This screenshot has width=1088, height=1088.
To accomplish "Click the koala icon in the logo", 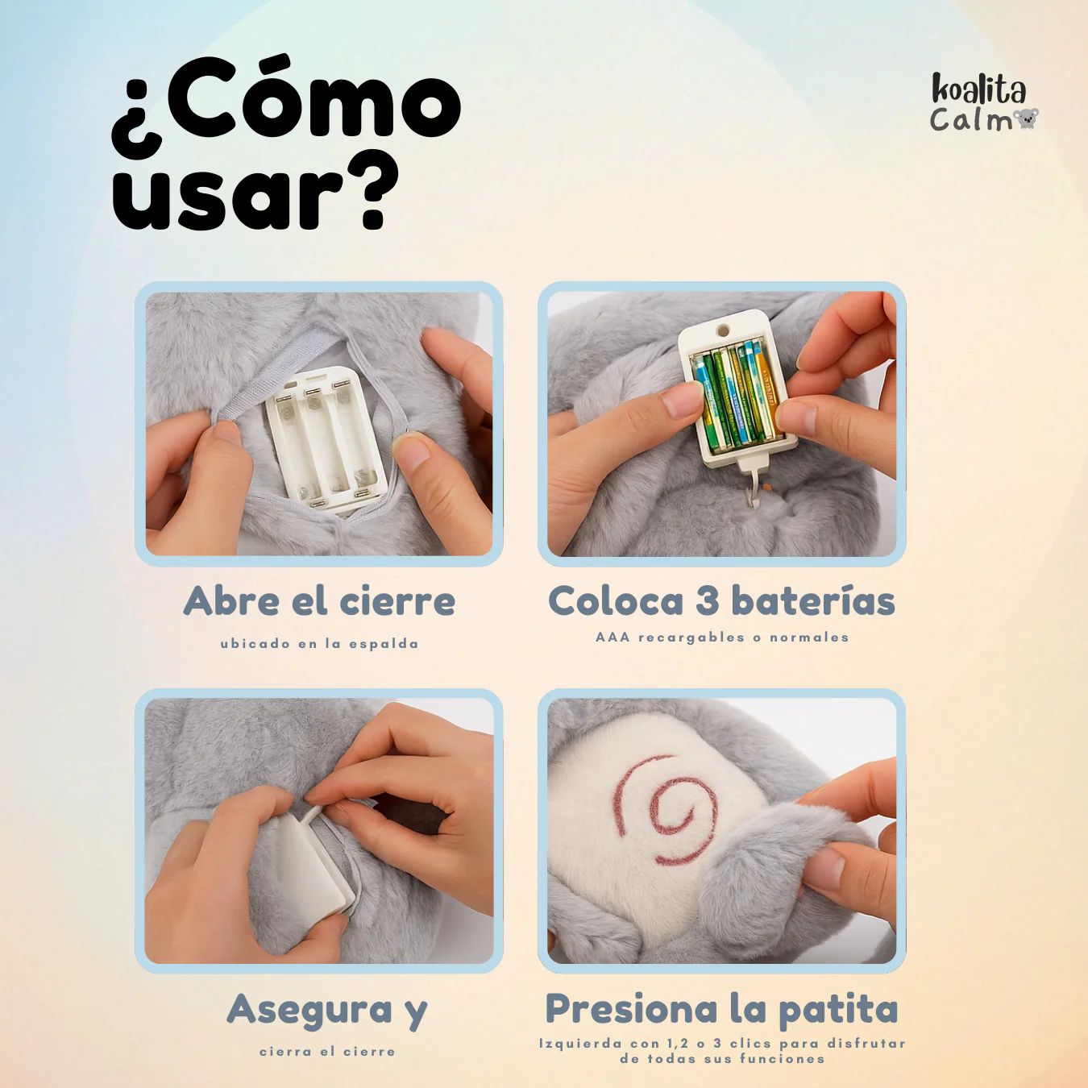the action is pos(1025,119).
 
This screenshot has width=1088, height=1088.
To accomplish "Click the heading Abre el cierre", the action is pos(319,601).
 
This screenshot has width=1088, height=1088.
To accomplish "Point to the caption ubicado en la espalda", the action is pos(320,644).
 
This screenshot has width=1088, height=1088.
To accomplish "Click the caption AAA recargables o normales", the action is pos(722,637).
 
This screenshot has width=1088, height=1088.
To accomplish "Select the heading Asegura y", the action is pos(327,1010).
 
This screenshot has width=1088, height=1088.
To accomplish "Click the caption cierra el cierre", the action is pos(327,1052).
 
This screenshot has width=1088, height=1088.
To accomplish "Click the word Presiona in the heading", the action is pos(627,1009).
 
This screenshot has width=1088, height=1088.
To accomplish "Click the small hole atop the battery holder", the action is pos(722,327).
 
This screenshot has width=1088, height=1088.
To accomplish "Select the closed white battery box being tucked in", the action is pos(310,865).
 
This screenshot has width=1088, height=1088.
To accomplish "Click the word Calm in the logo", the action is pos(971,120).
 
